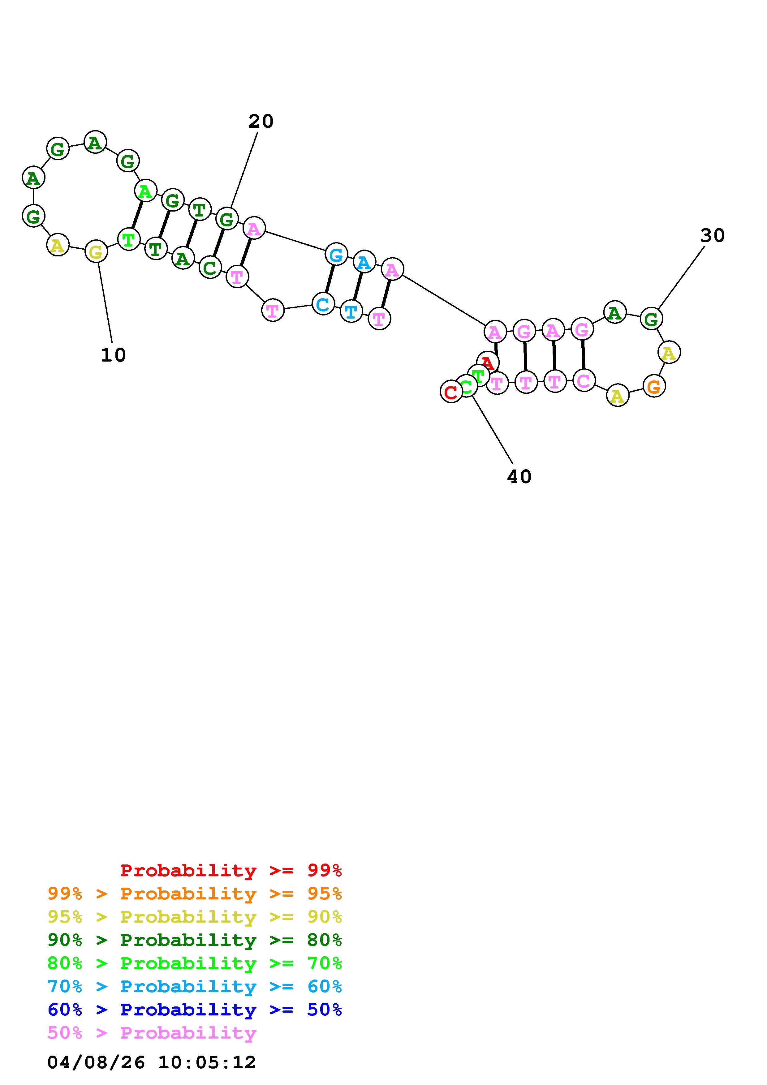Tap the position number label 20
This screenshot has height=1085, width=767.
click(261, 122)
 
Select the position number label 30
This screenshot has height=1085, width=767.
click(712, 235)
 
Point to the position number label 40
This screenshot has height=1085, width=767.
click(519, 477)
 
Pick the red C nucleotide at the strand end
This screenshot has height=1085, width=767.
click(451, 392)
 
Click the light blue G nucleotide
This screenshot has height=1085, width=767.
click(336, 255)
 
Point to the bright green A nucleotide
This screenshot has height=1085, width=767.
click(145, 191)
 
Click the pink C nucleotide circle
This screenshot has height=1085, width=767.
click(584, 380)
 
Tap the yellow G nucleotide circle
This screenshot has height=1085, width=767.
click(96, 252)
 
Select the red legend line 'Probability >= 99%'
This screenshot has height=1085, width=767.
click(231, 870)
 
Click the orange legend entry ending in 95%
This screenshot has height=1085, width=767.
click(195, 894)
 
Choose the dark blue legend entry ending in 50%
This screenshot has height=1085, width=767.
click(195, 1010)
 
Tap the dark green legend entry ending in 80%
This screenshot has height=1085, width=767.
click(195, 940)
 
